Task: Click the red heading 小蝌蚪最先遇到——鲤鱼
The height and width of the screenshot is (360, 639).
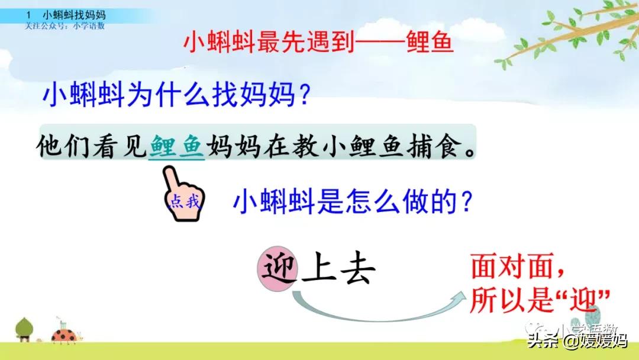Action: click(318, 43)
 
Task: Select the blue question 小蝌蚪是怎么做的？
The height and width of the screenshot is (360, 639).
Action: click(353, 202)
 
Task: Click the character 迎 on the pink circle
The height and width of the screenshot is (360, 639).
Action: click(277, 269)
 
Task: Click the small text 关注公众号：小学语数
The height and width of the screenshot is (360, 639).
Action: click(64, 25)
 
